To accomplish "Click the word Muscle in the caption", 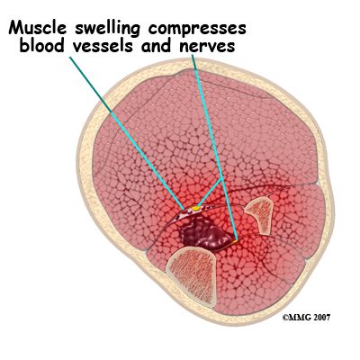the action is (37, 27).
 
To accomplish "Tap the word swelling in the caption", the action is (107, 29).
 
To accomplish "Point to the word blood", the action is (41, 45).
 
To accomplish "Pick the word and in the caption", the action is (157, 46).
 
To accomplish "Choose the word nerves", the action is (208, 47).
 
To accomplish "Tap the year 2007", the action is (322, 318).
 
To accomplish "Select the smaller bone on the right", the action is (259, 215).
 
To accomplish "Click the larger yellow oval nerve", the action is (196, 208).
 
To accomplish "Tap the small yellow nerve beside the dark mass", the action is (236, 241).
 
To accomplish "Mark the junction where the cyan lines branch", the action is (221, 178).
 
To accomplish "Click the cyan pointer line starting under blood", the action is (127, 133).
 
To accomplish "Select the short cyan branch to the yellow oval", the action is (210, 193).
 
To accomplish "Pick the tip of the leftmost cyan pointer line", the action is (184, 209).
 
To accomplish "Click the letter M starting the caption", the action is (16, 27).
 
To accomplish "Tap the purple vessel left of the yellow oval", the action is (183, 213).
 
